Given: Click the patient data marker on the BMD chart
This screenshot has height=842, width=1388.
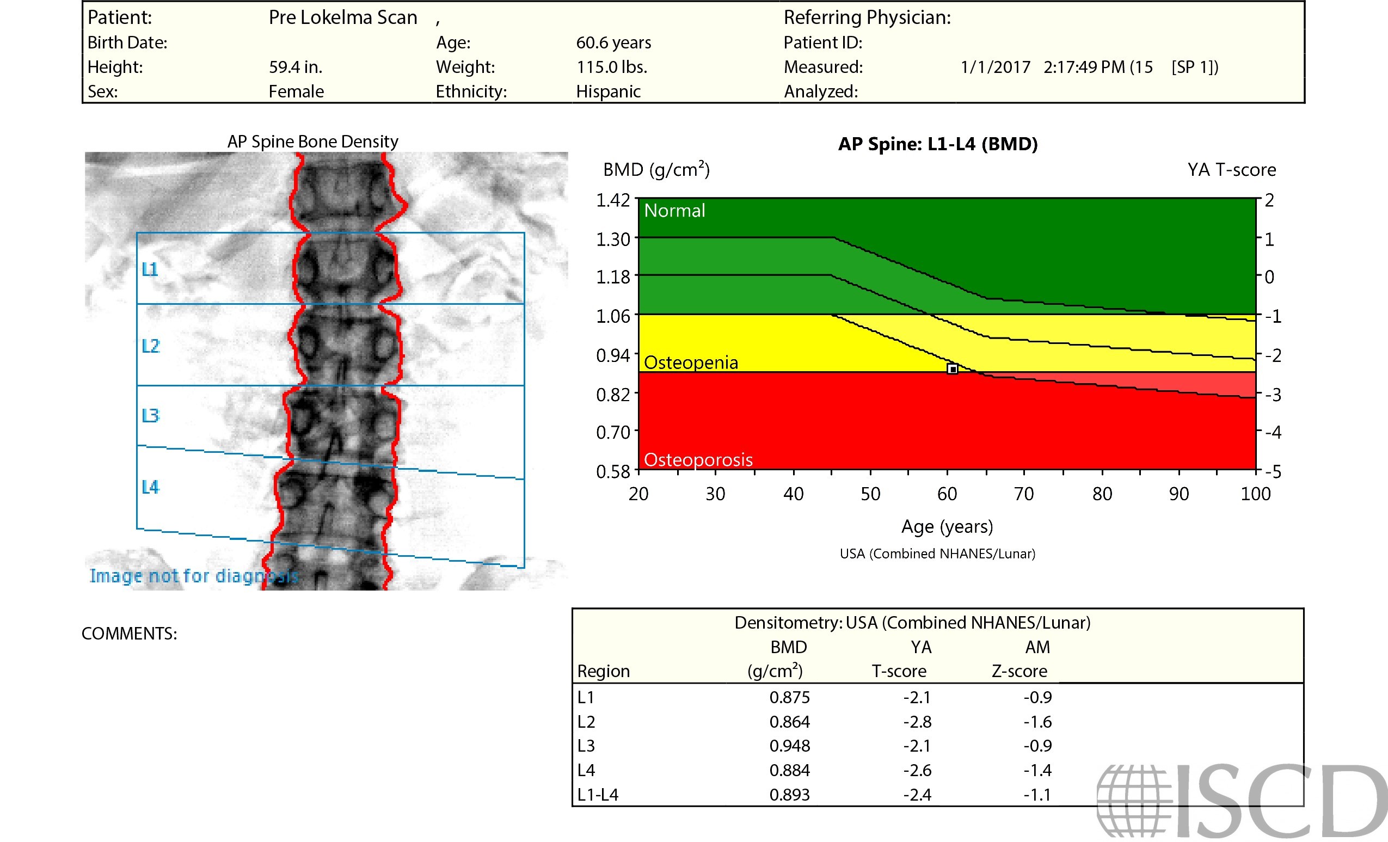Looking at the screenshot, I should tap(952, 370).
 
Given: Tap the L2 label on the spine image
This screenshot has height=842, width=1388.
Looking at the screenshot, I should tap(150, 346).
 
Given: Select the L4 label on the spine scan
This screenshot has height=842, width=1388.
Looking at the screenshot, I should tap(150, 487).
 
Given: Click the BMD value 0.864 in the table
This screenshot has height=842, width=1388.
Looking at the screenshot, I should tap(789, 722).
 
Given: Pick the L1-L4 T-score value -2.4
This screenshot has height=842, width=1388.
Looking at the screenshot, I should tap(917, 795).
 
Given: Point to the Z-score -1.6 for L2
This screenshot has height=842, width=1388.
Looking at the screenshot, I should tap(1037, 722).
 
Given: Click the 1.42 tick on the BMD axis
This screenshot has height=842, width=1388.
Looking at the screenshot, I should tap(613, 200).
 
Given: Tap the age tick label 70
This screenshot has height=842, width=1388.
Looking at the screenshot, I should tap(1023, 494).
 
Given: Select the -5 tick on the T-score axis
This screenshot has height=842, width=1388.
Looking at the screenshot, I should tap(1273, 471).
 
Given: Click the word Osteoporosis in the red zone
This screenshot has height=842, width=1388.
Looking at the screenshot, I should tap(698, 459).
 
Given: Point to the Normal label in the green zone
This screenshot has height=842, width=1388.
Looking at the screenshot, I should tap(674, 211).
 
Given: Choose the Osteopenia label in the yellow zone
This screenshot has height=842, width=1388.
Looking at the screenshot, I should tap(691, 362).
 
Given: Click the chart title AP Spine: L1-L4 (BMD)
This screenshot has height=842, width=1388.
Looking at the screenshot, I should tap(938, 144).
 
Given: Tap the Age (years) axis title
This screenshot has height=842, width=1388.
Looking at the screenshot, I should tap(947, 527).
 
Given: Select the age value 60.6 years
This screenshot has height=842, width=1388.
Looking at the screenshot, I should tap(613, 42).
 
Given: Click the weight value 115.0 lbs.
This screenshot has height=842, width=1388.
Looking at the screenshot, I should tap(612, 67).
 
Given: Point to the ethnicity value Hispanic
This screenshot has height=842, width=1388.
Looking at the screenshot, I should tap(609, 91).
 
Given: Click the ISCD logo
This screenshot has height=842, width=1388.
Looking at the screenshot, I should tap(1239, 800).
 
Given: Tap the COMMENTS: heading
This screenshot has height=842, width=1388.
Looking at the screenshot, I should tap(130, 634).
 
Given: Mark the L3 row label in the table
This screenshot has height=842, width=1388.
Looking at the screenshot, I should tap(586, 746).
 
